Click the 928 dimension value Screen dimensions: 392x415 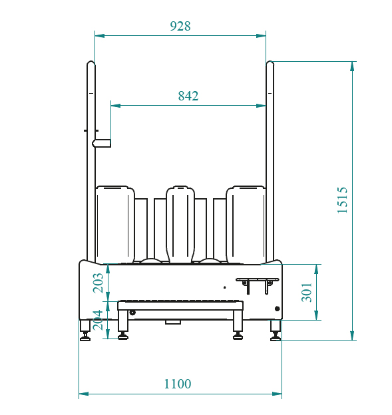tap(180, 26)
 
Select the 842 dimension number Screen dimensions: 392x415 tap(188, 96)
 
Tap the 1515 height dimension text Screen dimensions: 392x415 tap(342, 200)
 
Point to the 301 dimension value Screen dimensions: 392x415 tap(307, 292)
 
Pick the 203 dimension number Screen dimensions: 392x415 tap(98, 283)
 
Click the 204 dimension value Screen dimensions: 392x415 tap(98, 320)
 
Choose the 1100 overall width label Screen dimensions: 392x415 tap(178, 384)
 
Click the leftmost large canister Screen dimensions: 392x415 tap(115, 225)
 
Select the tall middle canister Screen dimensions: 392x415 tap(180, 224)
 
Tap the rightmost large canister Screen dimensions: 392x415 tap(246, 225)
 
